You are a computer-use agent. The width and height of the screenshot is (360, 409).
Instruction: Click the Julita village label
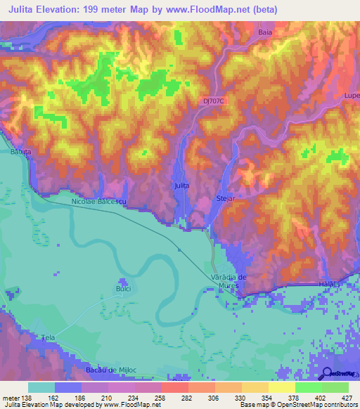(181, 186)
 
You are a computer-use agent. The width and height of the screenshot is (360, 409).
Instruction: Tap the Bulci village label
(123, 288)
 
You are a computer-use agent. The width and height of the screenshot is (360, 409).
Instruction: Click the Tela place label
(49, 337)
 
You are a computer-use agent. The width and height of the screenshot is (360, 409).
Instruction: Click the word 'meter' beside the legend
(12, 397)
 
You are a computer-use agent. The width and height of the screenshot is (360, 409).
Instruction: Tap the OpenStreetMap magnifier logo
(327, 373)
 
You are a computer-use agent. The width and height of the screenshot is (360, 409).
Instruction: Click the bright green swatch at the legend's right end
(335, 387)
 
